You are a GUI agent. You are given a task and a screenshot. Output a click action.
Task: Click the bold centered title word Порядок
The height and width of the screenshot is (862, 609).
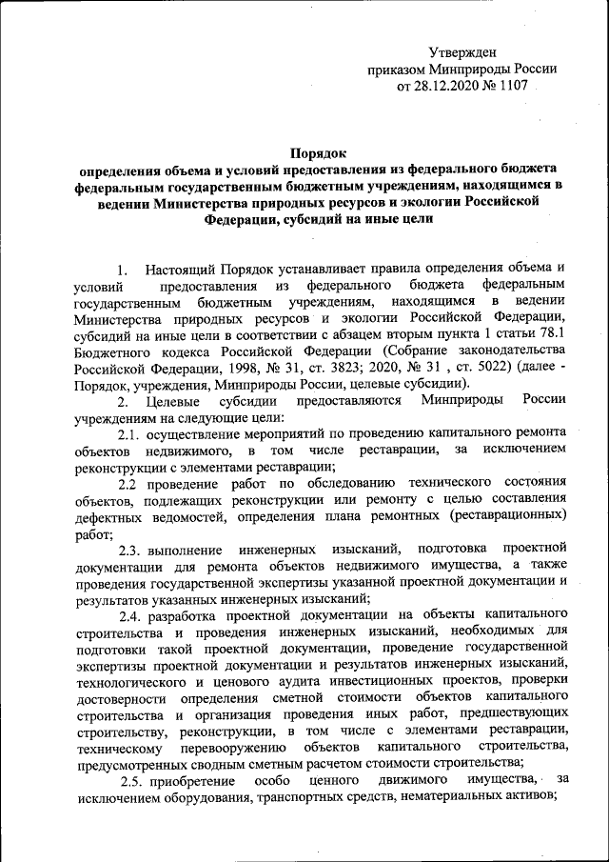tap(319, 152)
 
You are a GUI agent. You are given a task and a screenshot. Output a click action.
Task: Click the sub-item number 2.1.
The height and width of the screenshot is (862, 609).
tap(130, 433)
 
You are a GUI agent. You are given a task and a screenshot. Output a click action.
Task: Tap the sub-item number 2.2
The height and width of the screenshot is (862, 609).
tap(130, 484)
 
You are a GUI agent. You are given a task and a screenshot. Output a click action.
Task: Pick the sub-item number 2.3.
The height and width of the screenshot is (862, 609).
tap(131, 550)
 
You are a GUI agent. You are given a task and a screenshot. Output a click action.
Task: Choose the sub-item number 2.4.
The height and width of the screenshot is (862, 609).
tap(131, 615)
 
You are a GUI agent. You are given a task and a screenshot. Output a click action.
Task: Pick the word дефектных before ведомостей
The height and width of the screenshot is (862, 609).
tap(107, 516)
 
